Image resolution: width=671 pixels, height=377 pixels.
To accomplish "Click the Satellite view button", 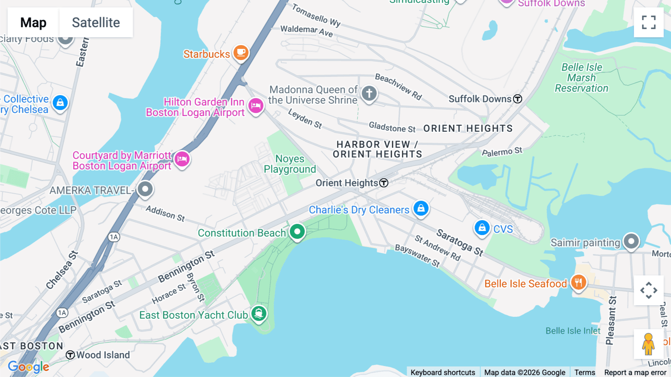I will tap(96, 22).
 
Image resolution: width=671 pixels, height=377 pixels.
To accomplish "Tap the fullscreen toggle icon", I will tap(649, 22).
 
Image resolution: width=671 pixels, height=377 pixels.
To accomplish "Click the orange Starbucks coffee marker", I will tap(241, 53).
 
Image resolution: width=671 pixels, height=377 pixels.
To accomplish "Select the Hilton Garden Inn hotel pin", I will tap(256, 106).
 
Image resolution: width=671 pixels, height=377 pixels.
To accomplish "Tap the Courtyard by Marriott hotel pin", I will tap(182, 159).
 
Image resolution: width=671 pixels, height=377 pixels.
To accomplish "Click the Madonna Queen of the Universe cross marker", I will tap(369, 93).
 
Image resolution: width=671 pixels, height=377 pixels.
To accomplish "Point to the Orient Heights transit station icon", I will tap(384, 183).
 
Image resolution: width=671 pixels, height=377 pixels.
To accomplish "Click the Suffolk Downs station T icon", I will tap(517, 99).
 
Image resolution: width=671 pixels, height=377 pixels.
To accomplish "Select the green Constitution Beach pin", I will tap(297, 232).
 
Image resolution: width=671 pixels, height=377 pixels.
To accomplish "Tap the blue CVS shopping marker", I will tap(482, 227).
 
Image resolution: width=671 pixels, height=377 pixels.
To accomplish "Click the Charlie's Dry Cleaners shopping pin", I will tap(421, 208).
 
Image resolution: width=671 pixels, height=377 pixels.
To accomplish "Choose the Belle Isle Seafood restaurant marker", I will tap(578, 283).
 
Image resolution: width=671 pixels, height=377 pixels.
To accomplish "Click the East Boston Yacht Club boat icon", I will tap(259, 314).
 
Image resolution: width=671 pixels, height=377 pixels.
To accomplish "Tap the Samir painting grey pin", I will tap(631, 242).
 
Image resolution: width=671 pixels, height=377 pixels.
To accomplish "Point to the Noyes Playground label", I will tap(290, 164).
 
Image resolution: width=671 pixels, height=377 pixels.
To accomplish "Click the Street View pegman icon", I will tap(648, 344).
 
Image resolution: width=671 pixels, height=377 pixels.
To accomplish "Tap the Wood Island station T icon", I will tap(70, 355).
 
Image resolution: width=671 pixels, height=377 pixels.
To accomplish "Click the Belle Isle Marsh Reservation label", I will tap(582, 78).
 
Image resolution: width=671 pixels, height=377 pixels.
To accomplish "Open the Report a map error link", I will tap(635, 373).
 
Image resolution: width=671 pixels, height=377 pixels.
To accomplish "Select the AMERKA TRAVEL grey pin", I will tap(145, 189).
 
